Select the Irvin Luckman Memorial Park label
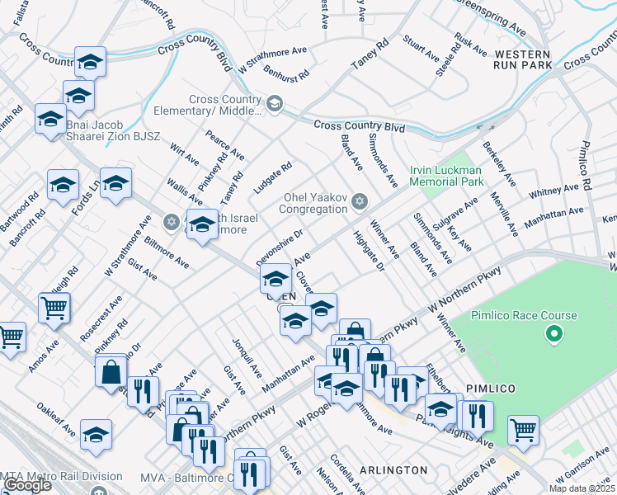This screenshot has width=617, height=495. tap(446, 176)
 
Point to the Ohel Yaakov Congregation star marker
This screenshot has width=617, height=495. tap(359, 202)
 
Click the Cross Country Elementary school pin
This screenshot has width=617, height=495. tap(275, 104)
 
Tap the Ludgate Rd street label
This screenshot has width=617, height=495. tap(273, 178)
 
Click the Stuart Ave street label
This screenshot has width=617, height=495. tap(421, 48)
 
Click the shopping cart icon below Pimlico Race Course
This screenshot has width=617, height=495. tap(523, 429)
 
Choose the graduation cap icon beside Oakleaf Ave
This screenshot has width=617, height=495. tap(97, 435)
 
